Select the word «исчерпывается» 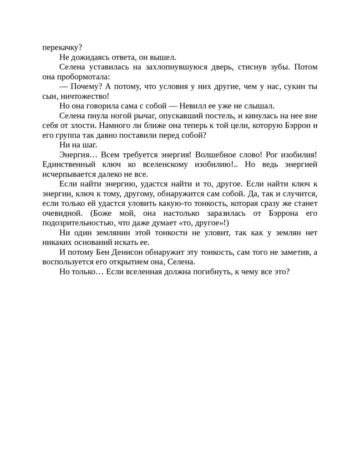(67, 174)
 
